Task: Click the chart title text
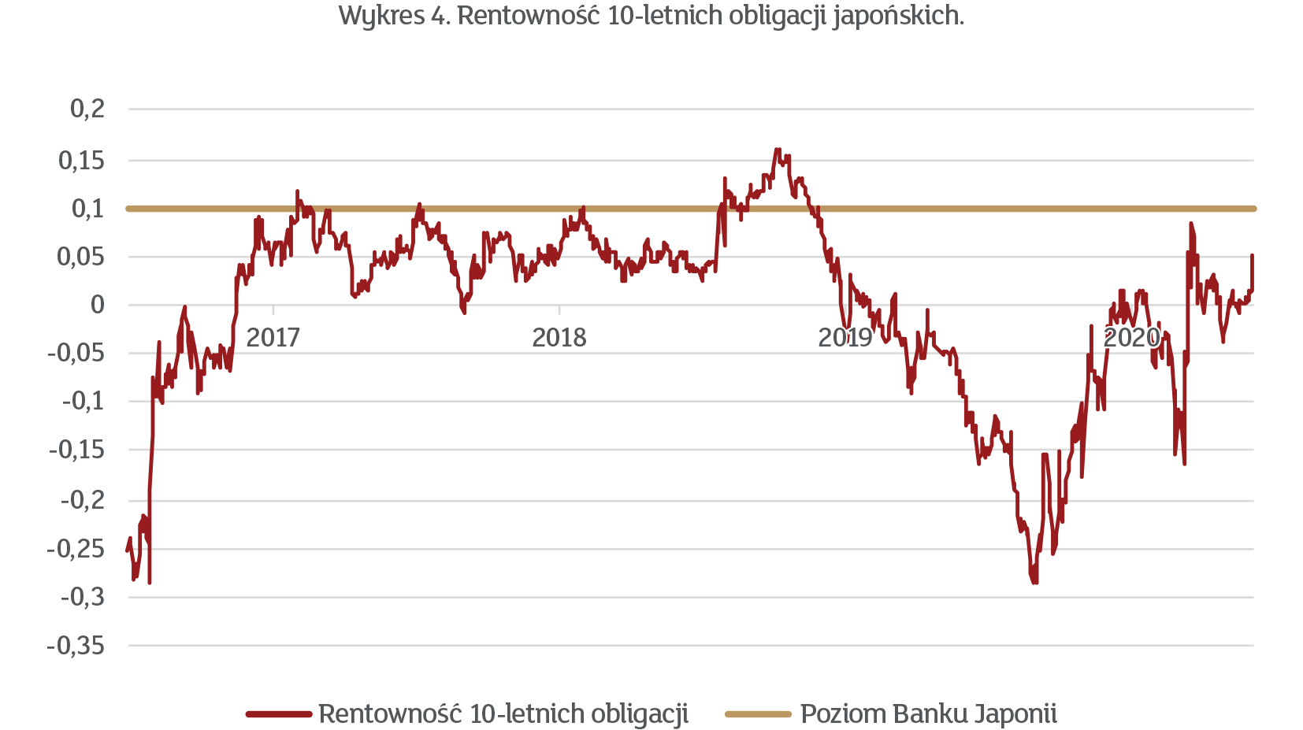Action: [x=651, y=15]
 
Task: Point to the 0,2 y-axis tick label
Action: [x=87, y=109]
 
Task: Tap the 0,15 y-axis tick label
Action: [x=82, y=161]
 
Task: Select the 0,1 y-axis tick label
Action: [x=88, y=209]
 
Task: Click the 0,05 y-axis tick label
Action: [x=81, y=257]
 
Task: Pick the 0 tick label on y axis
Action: [x=98, y=305]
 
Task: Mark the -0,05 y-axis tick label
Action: [x=76, y=353]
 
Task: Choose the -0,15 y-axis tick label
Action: [x=77, y=450]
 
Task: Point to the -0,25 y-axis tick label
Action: [x=76, y=549]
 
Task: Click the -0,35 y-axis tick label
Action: [x=76, y=646]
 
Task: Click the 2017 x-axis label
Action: [x=273, y=338]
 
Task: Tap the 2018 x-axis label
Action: [x=559, y=338]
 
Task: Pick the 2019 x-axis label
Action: [x=845, y=338]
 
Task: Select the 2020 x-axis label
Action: [x=1131, y=338]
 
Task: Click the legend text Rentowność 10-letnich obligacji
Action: [x=503, y=713]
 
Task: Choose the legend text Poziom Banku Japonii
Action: [x=928, y=713]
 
